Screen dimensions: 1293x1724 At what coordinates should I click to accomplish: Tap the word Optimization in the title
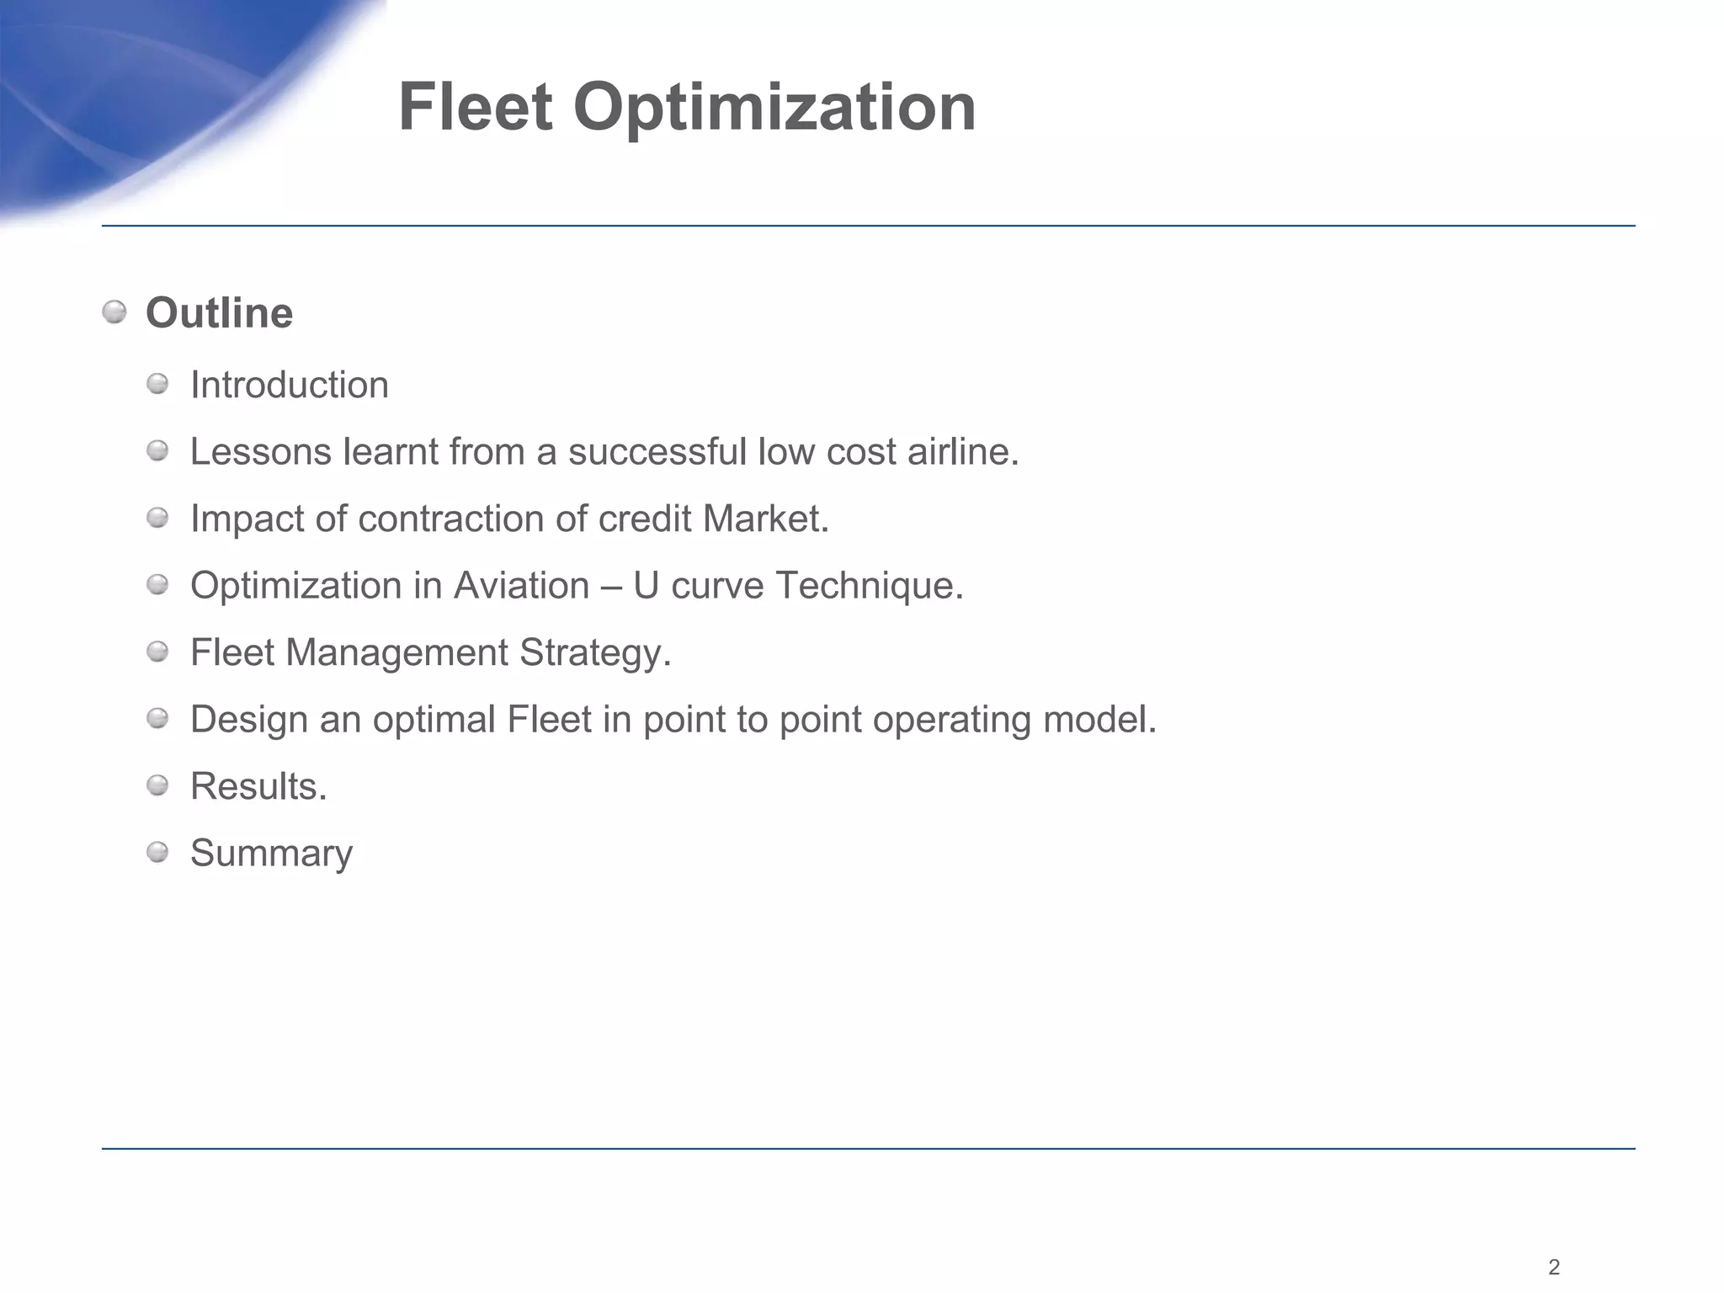point(774,109)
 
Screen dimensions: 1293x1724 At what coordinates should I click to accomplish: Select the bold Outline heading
point(219,313)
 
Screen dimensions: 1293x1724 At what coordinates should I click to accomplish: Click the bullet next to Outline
point(114,313)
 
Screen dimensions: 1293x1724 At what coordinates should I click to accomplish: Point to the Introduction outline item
point(289,386)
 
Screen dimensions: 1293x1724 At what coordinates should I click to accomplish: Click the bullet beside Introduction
point(157,385)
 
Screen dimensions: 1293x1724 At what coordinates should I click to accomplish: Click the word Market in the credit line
point(765,519)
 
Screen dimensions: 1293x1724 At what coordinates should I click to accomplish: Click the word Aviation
point(521,586)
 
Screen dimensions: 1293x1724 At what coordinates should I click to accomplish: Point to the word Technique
point(869,586)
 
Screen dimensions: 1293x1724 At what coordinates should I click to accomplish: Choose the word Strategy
point(594,653)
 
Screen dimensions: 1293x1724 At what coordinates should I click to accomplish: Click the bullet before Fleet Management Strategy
point(157,652)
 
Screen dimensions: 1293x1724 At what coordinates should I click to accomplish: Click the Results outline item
point(258,787)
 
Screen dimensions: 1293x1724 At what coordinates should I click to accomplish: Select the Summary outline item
point(271,854)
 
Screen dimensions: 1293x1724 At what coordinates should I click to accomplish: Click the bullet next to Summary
point(157,853)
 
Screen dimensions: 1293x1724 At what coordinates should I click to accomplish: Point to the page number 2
point(1554,1267)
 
